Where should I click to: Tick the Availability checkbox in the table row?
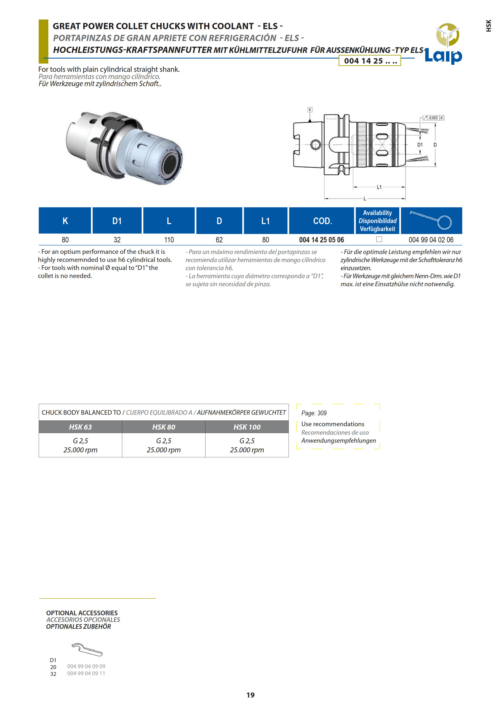click(379, 239)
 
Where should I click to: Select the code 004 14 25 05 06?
click(322, 240)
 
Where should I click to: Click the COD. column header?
click(322, 221)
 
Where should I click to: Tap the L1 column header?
click(265, 221)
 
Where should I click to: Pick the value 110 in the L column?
click(169, 240)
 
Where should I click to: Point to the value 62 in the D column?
click(219, 240)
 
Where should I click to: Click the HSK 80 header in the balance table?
click(164, 427)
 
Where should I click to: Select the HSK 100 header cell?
click(247, 427)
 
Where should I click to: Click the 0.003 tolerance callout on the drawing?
click(433, 118)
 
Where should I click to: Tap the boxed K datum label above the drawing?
click(310, 110)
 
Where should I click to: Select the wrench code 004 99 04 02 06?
click(431, 240)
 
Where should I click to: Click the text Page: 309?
click(314, 413)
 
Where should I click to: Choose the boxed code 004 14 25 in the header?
click(370, 61)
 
